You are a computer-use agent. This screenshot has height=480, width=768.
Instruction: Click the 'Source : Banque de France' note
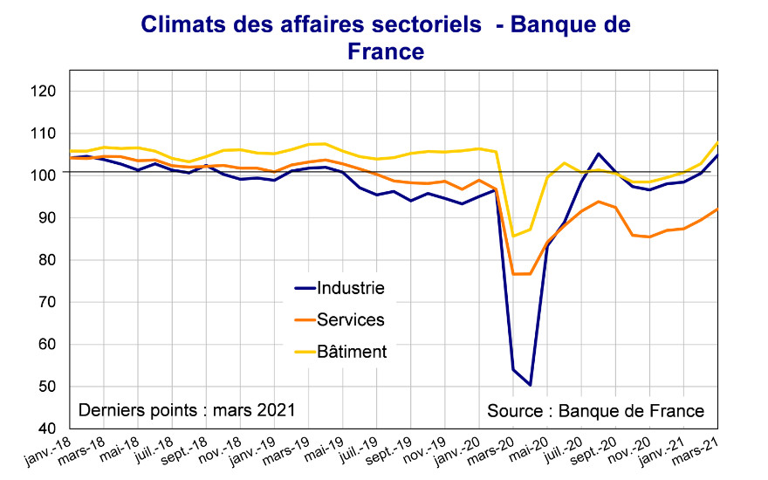click(x=595, y=410)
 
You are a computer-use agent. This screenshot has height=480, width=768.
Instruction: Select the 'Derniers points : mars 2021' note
click(x=187, y=410)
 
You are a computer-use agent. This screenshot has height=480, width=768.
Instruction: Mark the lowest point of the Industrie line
click(x=530, y=385)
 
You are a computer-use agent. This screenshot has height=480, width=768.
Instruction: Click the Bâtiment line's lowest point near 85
click(x=513, y=236)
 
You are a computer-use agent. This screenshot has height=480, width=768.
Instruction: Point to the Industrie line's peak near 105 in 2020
click(x=599, y=154)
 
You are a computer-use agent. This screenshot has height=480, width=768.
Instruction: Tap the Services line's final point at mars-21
click(x=717, y=209)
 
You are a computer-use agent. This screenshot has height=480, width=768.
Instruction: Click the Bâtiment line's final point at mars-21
click(x=717, y=142)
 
